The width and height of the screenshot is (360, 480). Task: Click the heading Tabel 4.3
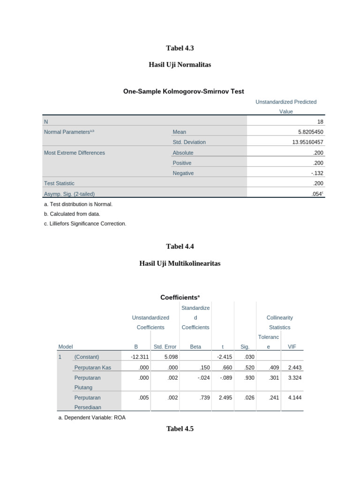tap(180, 48)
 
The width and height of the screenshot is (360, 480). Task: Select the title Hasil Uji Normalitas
tap(180, 65)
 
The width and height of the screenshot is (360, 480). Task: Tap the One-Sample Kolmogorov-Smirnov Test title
tap(183, 91)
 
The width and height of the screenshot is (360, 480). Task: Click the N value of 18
tap(320, 121)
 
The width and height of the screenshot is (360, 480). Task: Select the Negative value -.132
tap(317, 173)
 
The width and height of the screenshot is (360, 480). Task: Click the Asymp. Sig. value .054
tap(317, 194)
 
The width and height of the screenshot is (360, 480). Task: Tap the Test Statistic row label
tap(59, 183)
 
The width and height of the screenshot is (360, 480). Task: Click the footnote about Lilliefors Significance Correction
tap(85, 224)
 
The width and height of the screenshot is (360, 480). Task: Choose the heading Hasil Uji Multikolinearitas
tap(180, 263)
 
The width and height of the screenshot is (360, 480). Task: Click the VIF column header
tap(291, 346)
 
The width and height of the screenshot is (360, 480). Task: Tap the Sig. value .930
tap(248, 377)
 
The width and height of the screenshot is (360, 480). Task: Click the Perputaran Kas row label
tap(92, 367)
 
